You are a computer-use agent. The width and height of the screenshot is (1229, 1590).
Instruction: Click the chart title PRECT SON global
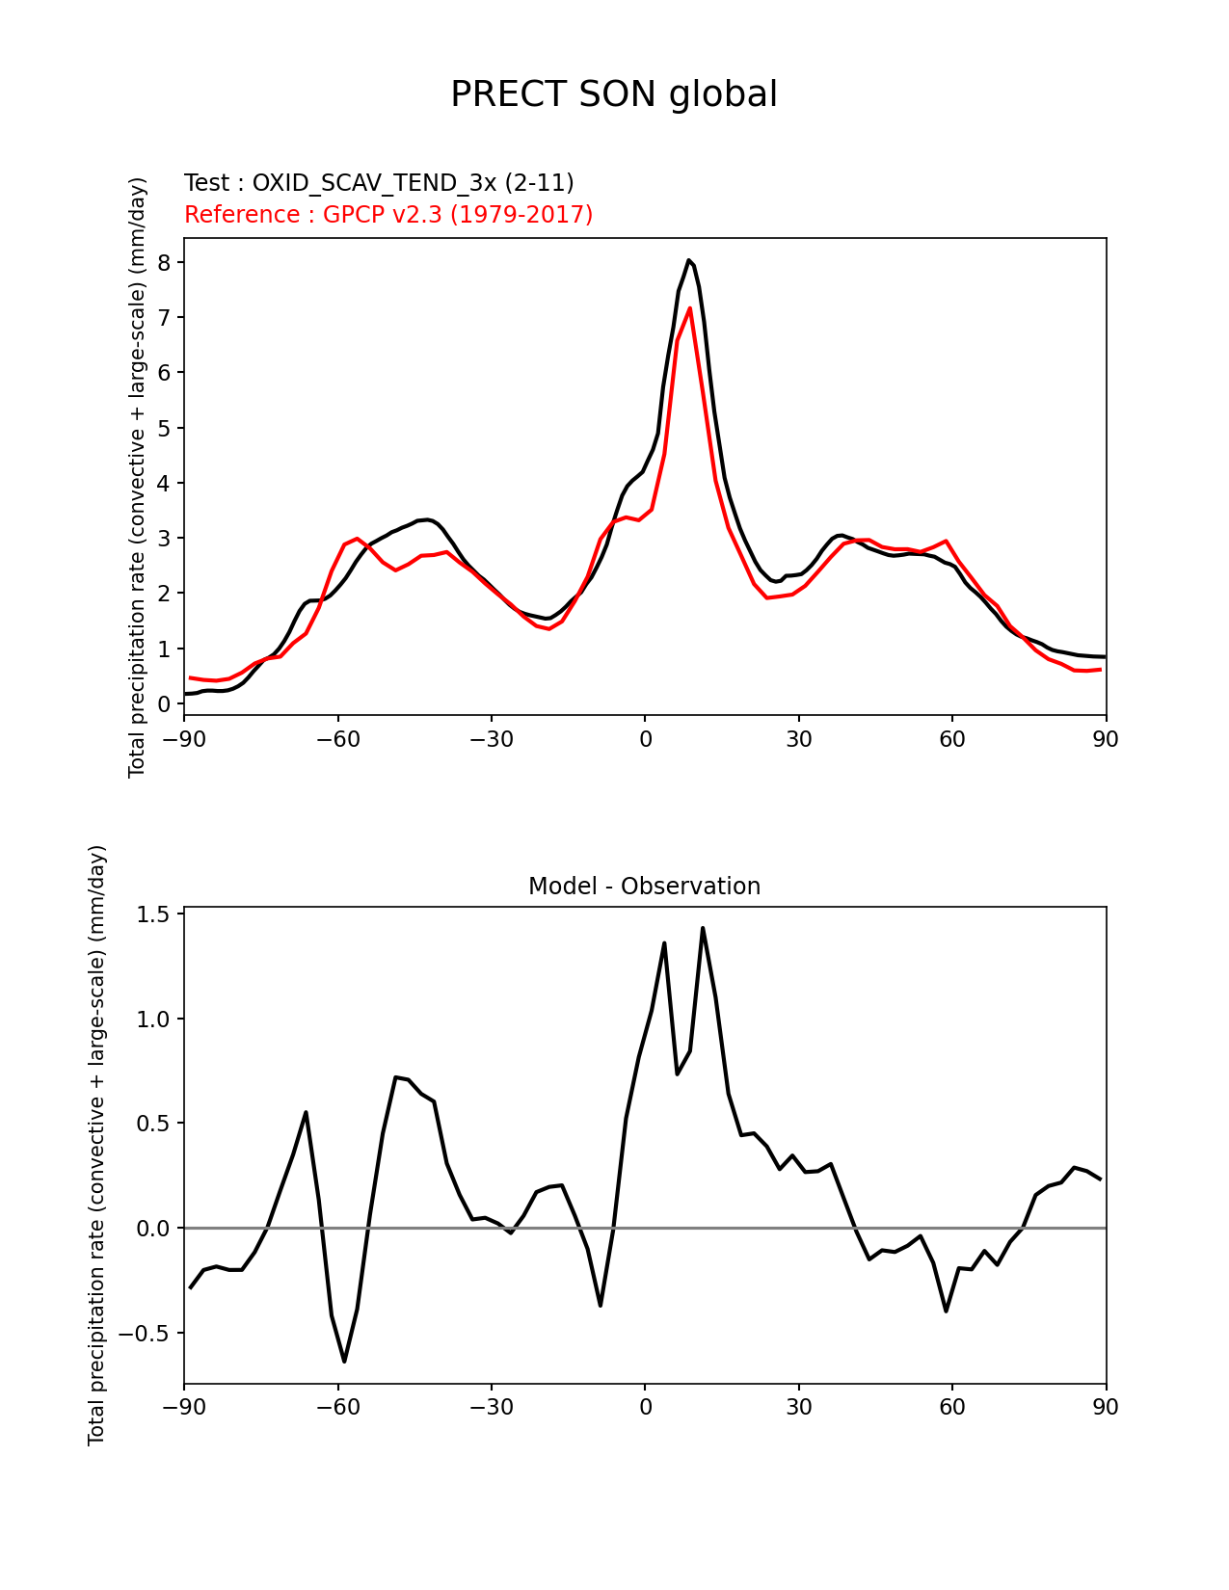coord(614,94)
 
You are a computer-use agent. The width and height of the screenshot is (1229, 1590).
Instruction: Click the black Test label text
coord(379,183)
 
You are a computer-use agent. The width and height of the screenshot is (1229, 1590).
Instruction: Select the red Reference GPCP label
coord(388,215)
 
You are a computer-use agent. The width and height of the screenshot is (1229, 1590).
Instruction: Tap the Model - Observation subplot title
coord(644,887)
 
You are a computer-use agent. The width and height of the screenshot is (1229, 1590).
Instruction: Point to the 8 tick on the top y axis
coord(165,263)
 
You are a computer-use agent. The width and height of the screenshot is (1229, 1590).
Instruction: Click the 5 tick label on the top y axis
coord(165,428)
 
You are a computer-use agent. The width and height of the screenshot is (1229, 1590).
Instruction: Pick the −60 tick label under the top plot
coord(337,740)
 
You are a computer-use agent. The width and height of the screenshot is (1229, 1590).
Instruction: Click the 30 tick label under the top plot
coord(798,740)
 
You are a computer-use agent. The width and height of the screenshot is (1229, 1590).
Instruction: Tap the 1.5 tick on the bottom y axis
coord(155,914)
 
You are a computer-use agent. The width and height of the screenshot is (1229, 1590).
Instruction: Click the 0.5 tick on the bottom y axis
coord(155,1124)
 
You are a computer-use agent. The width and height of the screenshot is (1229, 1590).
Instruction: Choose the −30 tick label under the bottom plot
coord(491,1408)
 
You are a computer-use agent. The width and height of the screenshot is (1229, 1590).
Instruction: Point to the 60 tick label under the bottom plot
coord(952,1408)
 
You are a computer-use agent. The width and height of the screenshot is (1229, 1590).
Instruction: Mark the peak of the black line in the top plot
coord(688,259)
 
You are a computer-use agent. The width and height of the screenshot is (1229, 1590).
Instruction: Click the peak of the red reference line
coord(690,308)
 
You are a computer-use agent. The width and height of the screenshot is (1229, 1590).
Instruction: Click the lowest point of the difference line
coord(344,1361)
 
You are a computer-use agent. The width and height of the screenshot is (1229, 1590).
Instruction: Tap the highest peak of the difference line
coord(703,928)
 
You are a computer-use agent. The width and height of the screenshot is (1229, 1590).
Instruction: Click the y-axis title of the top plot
coord(138,477)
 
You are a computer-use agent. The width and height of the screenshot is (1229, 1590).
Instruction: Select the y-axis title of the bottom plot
coord(96,1145)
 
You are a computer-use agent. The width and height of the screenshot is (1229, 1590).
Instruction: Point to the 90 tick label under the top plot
coord(1106,740)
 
